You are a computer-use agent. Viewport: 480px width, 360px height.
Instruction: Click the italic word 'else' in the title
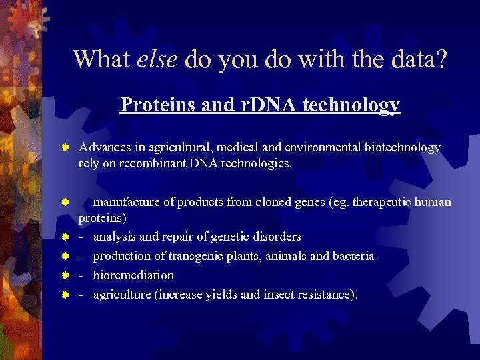[157, 59]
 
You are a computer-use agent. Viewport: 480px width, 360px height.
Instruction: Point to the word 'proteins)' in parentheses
[103, 218]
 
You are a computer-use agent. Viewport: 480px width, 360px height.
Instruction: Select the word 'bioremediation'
[133, 275]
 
